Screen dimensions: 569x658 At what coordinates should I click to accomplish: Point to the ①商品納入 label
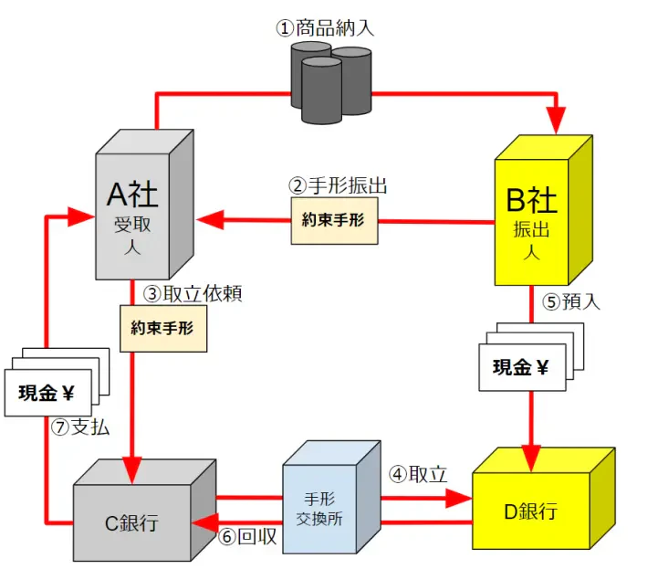[x=325, y=27]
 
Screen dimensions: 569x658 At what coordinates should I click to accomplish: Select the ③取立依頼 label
[x=193, y=294]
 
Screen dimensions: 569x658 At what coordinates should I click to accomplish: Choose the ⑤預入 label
[x=571, y=301]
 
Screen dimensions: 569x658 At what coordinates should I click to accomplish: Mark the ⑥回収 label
[x=248, y=537]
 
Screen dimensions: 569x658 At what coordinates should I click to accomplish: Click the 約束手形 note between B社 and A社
[x=335, y=220]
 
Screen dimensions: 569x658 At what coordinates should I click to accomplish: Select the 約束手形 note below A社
[x=163, y=328]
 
